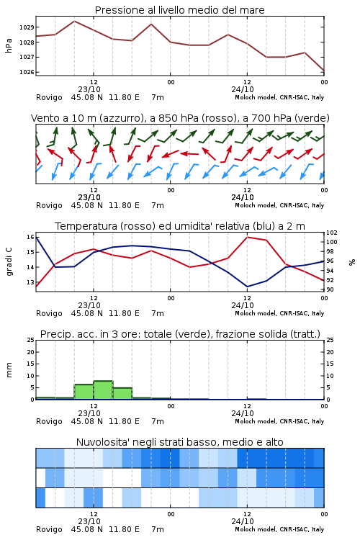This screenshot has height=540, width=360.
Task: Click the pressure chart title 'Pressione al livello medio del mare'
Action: (x=179, y=10)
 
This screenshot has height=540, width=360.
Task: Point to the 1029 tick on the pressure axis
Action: (x=27, y=27)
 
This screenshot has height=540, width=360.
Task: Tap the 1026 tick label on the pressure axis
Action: (x=27, y=72)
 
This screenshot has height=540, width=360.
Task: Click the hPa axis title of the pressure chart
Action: (x=9, y=45)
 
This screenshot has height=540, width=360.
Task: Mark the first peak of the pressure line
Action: (x=74, y=21)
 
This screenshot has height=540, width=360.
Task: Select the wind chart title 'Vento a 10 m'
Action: (x=64, y=118)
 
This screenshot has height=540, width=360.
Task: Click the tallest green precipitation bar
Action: (x=104, y=390)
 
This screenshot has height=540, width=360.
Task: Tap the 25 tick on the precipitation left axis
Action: (x=31, y=341)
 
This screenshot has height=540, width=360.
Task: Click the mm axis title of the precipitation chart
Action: (x=9, y=370)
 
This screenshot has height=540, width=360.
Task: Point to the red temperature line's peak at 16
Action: (x=248, y=237)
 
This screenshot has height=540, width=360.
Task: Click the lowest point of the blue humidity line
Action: (x=248, y=287)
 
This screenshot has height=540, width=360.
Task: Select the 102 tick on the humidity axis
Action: (x=332, y=233)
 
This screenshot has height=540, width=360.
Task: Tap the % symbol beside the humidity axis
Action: (x=352, y=262)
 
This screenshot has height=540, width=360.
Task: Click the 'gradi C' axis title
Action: (x=9, y=262)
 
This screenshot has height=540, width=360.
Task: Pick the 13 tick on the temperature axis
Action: (x=30, y=282)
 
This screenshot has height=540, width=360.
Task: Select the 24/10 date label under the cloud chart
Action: (x=243, y=521)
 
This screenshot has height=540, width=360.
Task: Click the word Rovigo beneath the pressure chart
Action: (x=49, y=97)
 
